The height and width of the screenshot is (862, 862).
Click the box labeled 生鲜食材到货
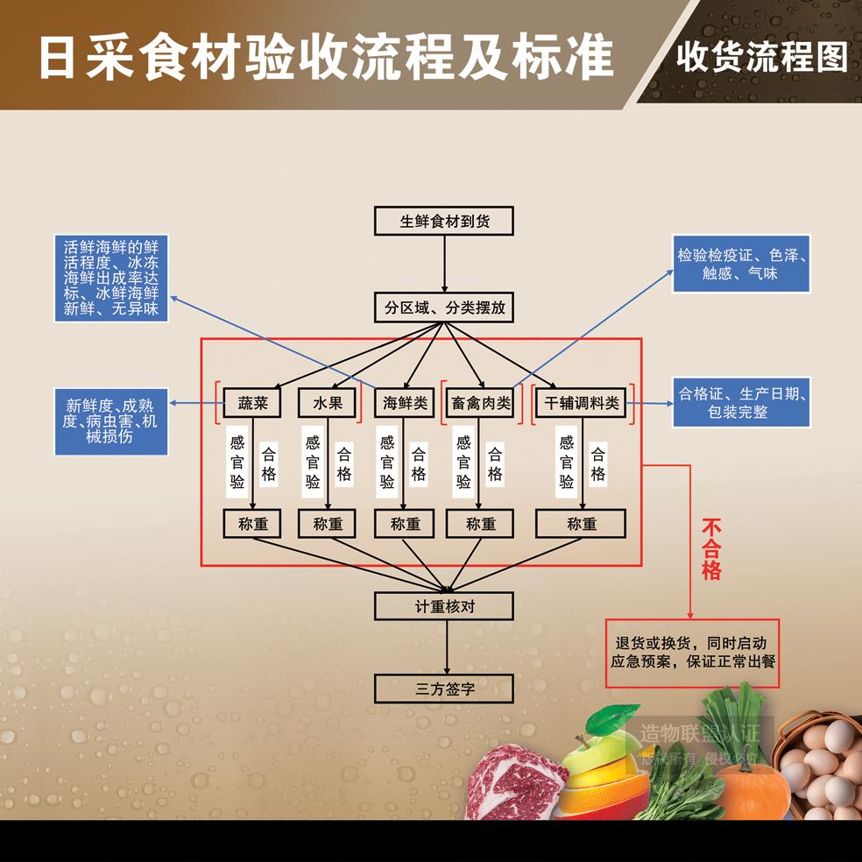click(x=444, y=221)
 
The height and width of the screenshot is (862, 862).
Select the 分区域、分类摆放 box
click(x=444, y=307)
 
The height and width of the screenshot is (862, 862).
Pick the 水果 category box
click(x=328, y=403)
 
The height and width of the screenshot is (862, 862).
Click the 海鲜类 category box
click(x=405, y=403)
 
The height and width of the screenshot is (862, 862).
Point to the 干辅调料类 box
click(x=581, y=403)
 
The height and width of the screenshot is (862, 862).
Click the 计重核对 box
click(x=444, y=605)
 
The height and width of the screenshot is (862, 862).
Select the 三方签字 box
click(x=444, y=688)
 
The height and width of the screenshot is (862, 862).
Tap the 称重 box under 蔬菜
click(x=252, y=524)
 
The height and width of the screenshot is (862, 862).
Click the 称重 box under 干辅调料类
click(x=581, y=524)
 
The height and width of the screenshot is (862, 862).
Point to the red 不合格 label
click(x=711, y=549)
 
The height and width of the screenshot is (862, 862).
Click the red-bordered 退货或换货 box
click(x=692, y=653)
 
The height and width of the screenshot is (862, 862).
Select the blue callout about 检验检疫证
click(x=741, y=264)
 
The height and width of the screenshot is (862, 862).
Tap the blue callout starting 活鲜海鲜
click(x=111, y=278)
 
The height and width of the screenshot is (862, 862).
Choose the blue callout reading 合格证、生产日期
click(x=741, y=402)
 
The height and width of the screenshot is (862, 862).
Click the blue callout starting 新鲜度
click(x=111, y=420)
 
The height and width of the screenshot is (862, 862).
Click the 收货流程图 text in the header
click(x=761, y=57)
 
